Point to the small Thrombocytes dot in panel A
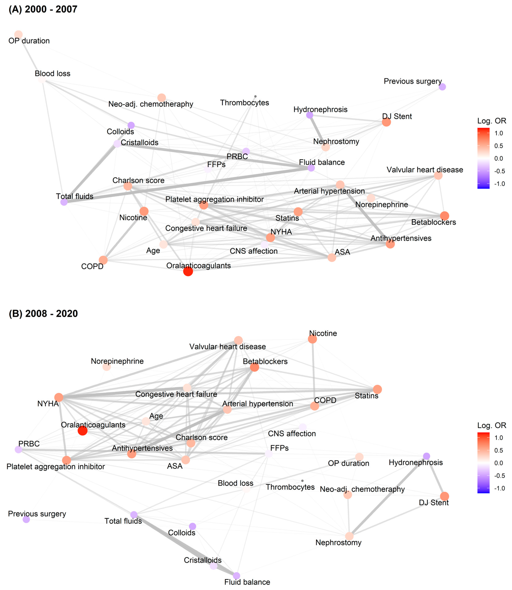255,97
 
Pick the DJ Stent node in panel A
386,122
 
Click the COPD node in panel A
103,260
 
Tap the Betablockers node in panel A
445,216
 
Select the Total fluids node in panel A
64,202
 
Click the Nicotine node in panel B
313,339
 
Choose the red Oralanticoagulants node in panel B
83,431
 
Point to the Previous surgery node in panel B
26,519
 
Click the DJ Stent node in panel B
445,496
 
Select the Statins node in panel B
377,389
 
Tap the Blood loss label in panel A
53,74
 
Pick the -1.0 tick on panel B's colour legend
499,488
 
